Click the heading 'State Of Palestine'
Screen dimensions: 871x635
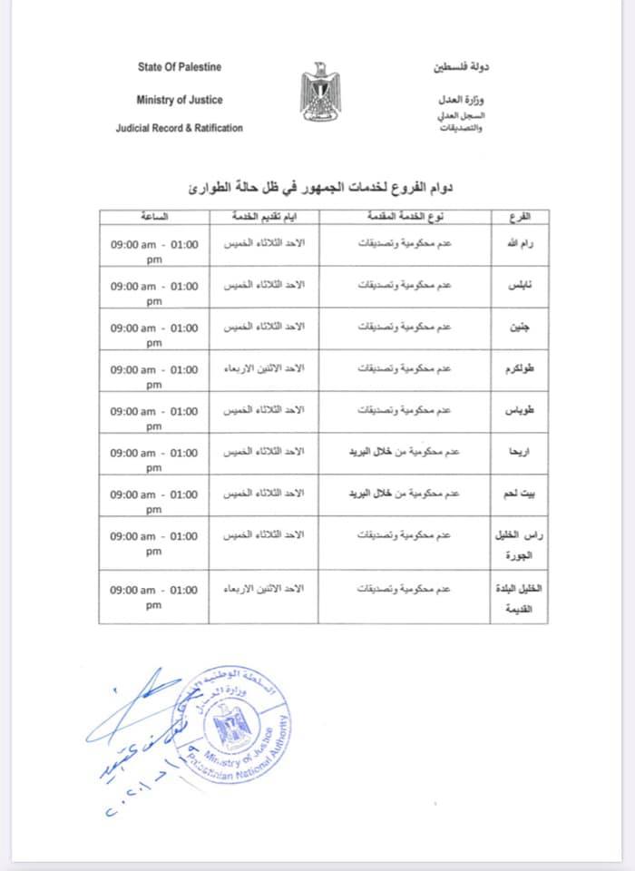click(x=180, y=67)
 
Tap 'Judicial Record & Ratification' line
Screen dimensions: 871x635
click(x=180, y=128)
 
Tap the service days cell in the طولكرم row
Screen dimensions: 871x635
click(x=264, y=369)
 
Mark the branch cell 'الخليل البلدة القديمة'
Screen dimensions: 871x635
click(x=508, y=598)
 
